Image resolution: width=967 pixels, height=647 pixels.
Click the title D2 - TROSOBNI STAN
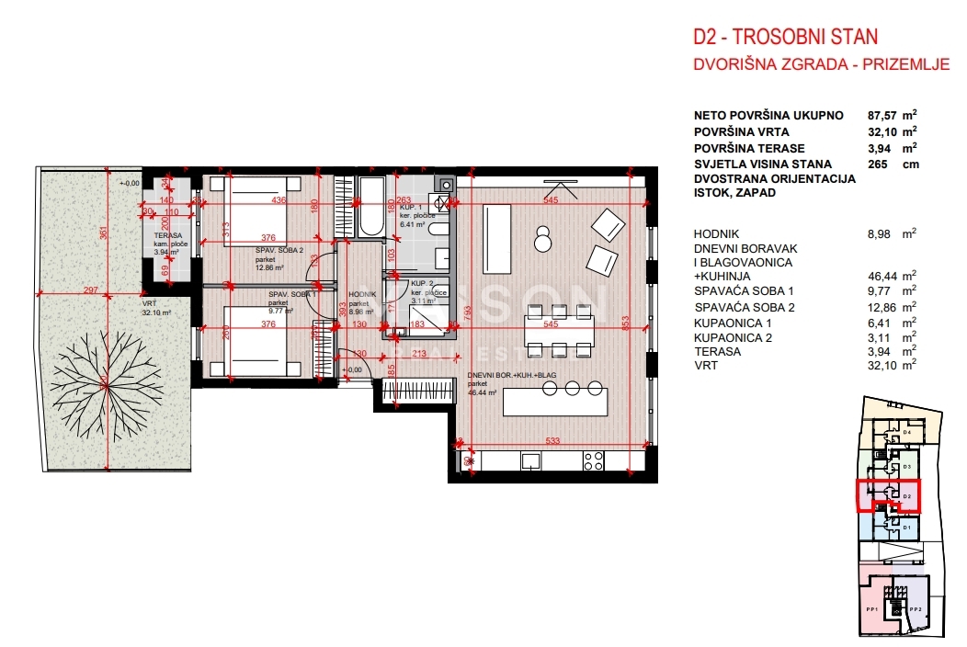(x=785, y=38)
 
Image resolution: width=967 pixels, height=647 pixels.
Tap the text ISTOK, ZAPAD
(x=736, y=193)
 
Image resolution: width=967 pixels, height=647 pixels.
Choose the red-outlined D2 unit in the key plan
(x=888, y=495)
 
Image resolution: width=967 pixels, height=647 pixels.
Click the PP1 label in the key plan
(x=872, y=609)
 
